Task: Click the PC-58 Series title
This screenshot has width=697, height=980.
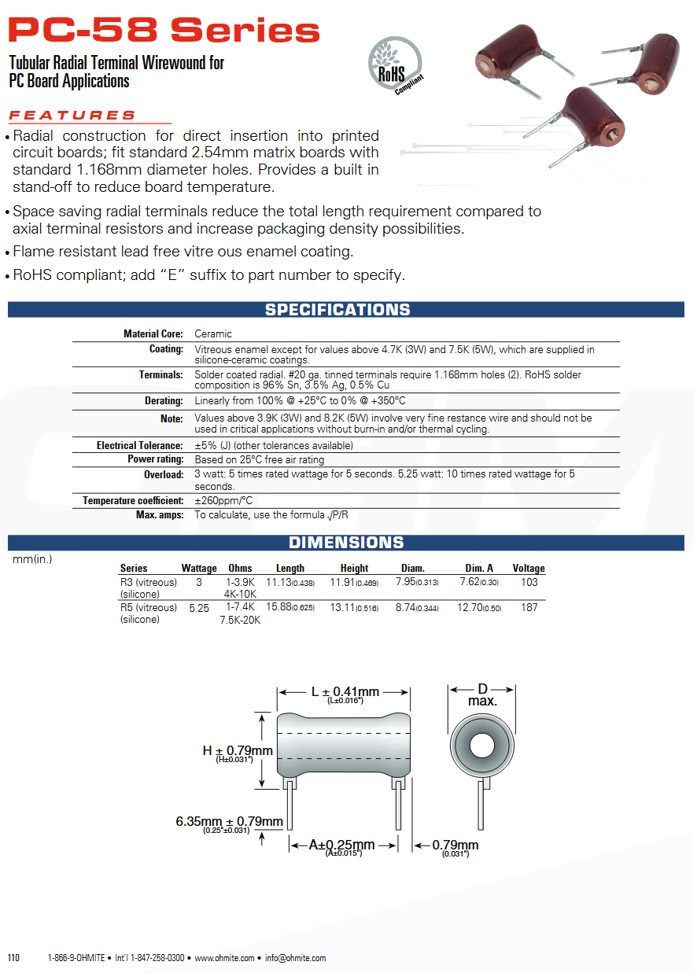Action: [164, 31]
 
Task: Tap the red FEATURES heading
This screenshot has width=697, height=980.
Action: [72, 116]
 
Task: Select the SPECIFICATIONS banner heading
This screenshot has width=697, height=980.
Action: [337, 310]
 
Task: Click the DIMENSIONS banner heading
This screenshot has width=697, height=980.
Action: [346, 543]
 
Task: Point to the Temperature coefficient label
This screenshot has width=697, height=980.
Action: [133, 500]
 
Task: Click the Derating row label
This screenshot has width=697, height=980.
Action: [164, 400]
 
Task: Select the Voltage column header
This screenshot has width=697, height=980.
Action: [529, 568]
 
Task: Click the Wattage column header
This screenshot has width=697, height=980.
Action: [199, 568]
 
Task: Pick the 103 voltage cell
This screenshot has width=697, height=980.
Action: [529, 582]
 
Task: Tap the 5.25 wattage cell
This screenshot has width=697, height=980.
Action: [199, 607]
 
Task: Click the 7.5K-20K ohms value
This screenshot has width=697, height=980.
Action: [240, 620]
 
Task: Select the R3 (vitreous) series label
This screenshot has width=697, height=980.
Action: [149, 582]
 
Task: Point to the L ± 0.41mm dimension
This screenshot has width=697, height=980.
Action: [345, 692]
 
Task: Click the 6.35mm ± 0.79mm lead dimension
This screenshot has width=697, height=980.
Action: [229, 822]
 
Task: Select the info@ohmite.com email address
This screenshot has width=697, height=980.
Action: [295, 958]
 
